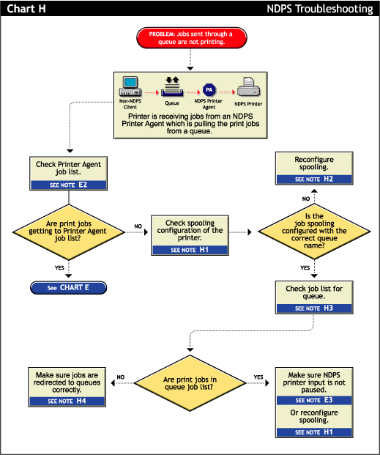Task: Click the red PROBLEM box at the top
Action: [x=190, y=37]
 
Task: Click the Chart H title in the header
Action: [x=25, y=8]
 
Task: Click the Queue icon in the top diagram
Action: [x=171, y=89]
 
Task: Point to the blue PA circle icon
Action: [x=209, y=90]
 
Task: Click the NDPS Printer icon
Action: [x=247, y=89]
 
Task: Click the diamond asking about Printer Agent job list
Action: [x=67, y=231]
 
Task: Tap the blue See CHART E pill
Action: [x=68, y=288]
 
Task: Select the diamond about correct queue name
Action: [x=311, y=231]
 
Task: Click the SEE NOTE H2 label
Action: [x=313, y=179]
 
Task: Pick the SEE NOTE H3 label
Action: [x=313, y=308]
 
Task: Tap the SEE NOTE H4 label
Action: [x=67, y=401]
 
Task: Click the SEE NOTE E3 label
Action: [x=313, y=400]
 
